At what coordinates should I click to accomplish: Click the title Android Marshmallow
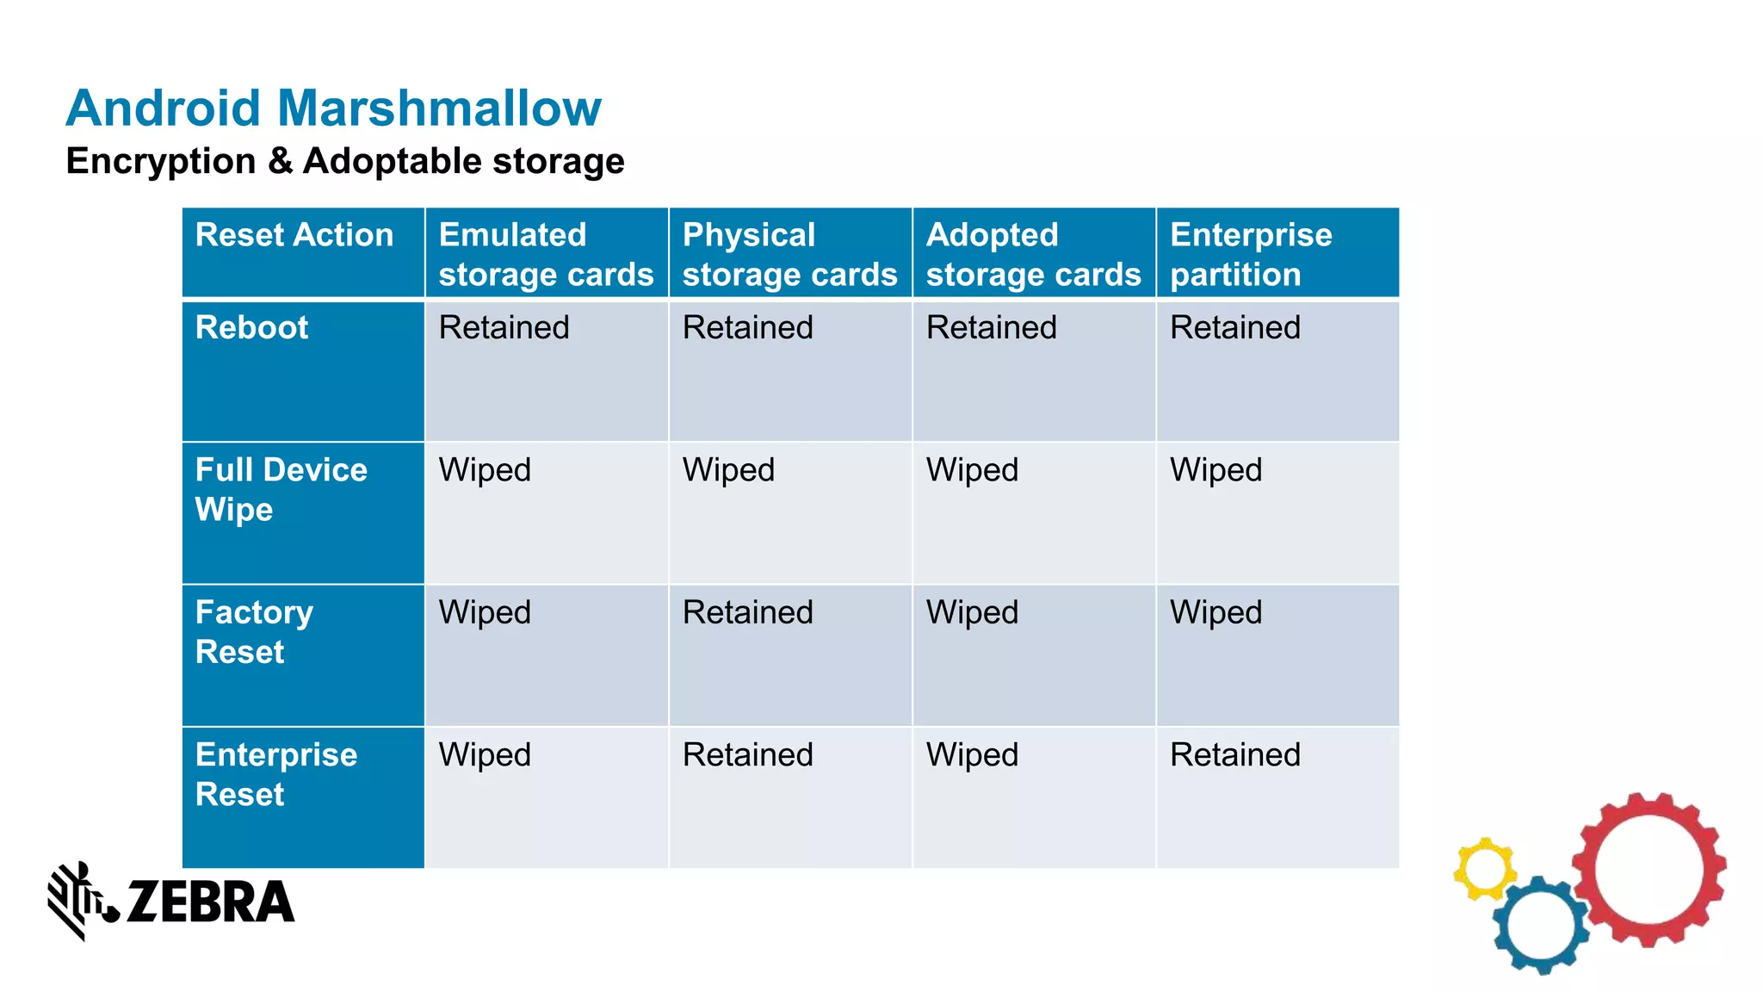333,108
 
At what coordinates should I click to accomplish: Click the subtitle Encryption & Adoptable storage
345,161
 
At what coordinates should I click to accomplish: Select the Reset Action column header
294,235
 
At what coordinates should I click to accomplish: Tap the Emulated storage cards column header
546,254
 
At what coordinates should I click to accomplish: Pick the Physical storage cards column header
789,254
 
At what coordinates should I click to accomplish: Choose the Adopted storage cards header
1033,254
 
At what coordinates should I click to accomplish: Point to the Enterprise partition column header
1251,254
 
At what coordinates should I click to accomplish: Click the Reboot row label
251,327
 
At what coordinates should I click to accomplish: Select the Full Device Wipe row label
281,489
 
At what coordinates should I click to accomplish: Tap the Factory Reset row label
254,631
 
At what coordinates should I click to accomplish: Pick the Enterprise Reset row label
275,773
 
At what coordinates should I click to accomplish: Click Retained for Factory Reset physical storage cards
747,612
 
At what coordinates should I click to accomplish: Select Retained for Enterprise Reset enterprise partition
1234,754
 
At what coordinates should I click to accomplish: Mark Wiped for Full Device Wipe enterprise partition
1216,470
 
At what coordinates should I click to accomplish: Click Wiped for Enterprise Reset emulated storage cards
485,754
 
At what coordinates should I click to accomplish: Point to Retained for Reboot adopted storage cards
991,327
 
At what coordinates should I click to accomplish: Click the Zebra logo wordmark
210,902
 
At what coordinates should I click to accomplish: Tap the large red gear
1649,870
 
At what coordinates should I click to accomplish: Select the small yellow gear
1484,868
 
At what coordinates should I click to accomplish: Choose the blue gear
1541,926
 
